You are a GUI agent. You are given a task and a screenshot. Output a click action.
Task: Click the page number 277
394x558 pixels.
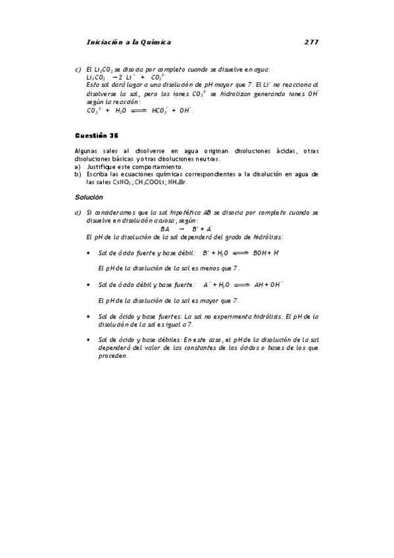[311, 42]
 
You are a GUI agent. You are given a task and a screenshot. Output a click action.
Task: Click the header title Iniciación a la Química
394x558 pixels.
[128, 42]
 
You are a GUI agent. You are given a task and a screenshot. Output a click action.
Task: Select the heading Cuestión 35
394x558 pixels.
[96, 136]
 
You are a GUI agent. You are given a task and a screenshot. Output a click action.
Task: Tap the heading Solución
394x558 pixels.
[89, 197]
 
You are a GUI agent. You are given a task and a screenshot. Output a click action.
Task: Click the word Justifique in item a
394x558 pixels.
[101, 167]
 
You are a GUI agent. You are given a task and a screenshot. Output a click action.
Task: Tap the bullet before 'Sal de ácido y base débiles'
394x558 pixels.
[89, 340]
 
